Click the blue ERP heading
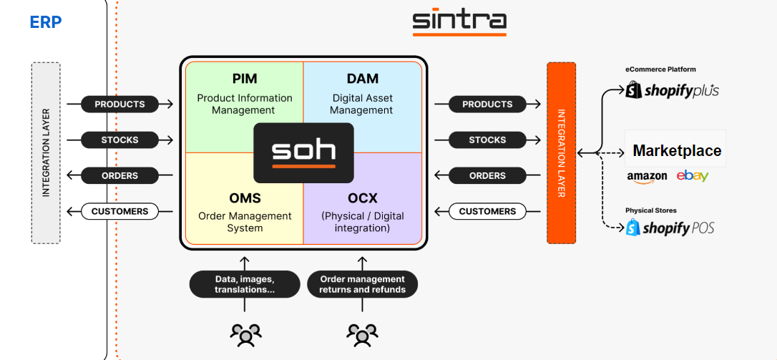pyautogui.click(x=46, y=22)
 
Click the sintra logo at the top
pyautogui.click(x=459, y=21)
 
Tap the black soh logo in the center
pyautogui.click(x=303, y=152)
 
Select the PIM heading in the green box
pyautogui.click(x=245, y=79)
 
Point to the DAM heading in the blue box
pyautogui.click(x=363, y=79)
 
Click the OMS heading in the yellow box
pyautogui.click(x=245, y=198)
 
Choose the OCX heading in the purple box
pyautogui.click(x=363, y=198)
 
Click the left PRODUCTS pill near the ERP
pyautogui.click(x=119, y=104)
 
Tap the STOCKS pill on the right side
pyautogui.click(x=487, y=140)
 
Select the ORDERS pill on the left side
pyautogui.click(x=119, y=176)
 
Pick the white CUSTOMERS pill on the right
pyautogui.click(x=487, y=212)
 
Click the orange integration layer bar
pyautogui.click(x=561, y=152)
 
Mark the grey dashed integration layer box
pyautogui.click(x=46, y=152)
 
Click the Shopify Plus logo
pyautogui.click(x=673, y=91)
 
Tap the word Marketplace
pyautogui.click(x=677, y=151)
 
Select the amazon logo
pyautogui.click(x=647, y=176)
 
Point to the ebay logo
pyautogui.click(x=692, y=176)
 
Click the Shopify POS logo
pyautogui.click(x=670, y=228)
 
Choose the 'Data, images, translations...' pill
pyautogui.click(x=245, y=284)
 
